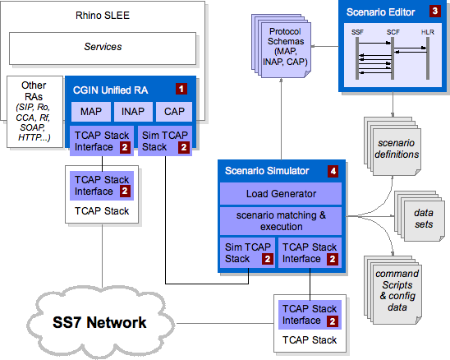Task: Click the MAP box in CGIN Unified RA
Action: coord(91,111)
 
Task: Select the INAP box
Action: coord(133,111)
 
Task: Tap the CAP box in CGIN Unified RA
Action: coord(174,111)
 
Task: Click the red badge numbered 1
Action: coord(181,89)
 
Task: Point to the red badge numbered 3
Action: coord(435,12)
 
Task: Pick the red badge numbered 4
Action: coord(333,171)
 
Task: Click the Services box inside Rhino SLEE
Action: coord(103,48)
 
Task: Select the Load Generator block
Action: coord(281,194)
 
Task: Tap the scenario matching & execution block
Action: coord(281,221)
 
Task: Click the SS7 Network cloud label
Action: coord(99,322)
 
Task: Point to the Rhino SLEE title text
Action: coord(103,16)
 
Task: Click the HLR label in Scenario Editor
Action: coord(428,32)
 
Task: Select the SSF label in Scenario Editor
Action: coord(357,32)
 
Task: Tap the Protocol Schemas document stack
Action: coord(282,46)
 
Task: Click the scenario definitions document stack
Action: coord(393,146)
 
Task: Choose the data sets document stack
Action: coord(420,216)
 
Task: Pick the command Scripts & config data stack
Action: coord(393,290)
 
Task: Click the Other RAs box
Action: coord(34,112)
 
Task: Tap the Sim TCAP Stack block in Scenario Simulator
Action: coord(247,253)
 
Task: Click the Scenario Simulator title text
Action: coord(267,171)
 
